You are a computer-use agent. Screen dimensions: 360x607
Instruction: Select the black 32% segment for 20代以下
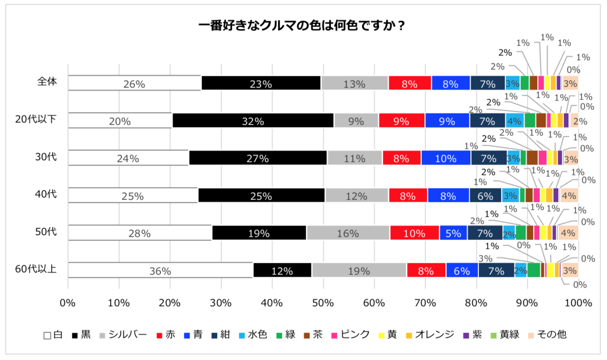253,120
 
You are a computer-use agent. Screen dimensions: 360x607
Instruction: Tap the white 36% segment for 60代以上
160,270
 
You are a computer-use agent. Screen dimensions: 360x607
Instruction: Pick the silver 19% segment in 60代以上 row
359,270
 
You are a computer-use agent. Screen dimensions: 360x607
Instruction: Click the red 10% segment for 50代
415,233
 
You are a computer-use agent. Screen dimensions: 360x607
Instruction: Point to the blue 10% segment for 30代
446,158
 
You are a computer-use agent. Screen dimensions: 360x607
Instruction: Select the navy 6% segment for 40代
485,195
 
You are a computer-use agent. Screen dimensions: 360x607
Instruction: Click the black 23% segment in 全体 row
261,83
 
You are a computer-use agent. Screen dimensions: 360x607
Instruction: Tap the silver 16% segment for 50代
348,233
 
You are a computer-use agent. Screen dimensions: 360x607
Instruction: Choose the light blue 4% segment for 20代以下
515,120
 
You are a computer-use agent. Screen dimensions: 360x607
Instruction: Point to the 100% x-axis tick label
578,303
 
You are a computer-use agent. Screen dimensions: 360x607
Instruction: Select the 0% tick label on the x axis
68,303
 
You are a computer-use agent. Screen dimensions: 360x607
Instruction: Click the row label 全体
46,81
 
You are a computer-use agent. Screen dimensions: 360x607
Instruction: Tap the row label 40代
46,193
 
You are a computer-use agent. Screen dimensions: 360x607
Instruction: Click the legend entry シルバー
127,334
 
